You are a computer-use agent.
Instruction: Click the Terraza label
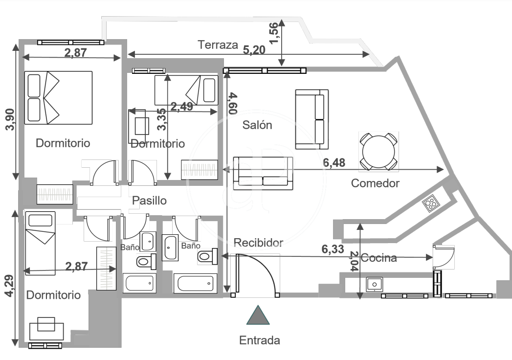point(218,45)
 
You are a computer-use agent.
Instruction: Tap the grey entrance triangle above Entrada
point(258,315)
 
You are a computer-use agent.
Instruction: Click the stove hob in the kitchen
point(430,202)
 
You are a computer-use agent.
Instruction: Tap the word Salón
point(257,125)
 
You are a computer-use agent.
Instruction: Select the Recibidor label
point(258,243)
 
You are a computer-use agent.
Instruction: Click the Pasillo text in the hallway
point(150,201)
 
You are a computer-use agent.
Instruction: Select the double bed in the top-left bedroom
point(59,97)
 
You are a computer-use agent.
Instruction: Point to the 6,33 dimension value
point(333,249)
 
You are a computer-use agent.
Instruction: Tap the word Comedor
point(376,183)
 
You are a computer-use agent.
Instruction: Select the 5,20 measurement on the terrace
point(254,49)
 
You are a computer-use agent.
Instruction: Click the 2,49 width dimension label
point(181,107)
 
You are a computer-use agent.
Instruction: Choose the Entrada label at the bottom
point(259,340)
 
